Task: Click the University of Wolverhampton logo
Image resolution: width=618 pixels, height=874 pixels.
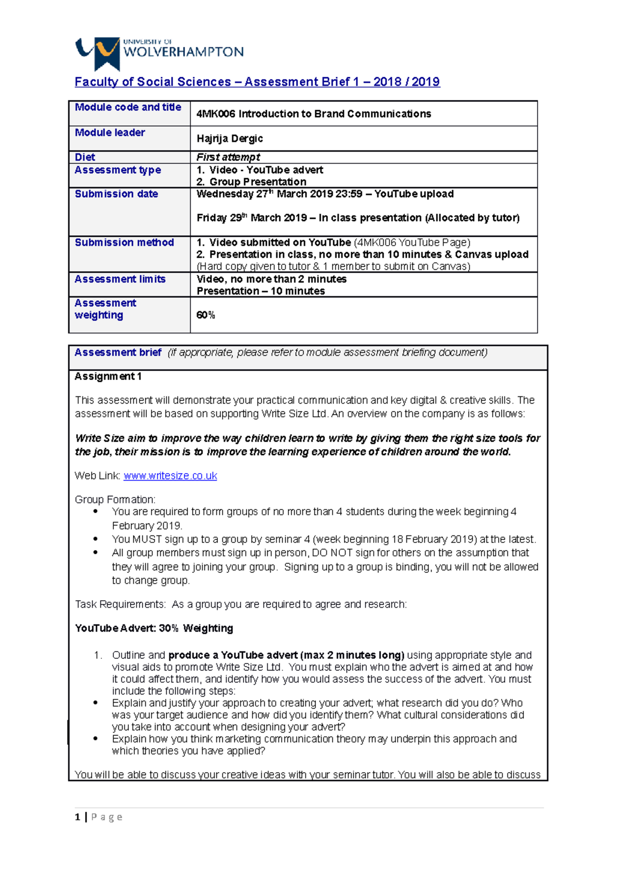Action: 159,52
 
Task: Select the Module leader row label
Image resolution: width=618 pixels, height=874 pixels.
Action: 110,133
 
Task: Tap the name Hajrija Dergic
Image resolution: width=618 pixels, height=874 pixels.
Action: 230,138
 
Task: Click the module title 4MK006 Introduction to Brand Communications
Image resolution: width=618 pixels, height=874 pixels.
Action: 314,114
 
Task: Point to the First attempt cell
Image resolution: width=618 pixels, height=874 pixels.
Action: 228,157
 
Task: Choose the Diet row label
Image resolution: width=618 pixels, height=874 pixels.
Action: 85,157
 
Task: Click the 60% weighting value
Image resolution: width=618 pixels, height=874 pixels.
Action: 205,315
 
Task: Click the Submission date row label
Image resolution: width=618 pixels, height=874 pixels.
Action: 116,194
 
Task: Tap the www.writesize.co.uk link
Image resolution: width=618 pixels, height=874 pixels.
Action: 170,476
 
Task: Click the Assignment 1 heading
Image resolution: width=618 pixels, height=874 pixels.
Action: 108,376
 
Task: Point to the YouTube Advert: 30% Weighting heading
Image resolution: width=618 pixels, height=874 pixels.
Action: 154,628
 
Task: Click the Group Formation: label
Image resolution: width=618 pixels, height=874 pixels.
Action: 115,499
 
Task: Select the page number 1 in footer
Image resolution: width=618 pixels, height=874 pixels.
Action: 77,817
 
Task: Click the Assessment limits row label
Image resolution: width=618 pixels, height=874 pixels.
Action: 120,279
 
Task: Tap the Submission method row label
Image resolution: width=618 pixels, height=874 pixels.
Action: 124,242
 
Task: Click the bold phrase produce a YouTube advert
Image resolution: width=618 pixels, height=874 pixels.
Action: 233,655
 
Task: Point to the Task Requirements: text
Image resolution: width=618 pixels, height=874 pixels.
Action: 121,604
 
